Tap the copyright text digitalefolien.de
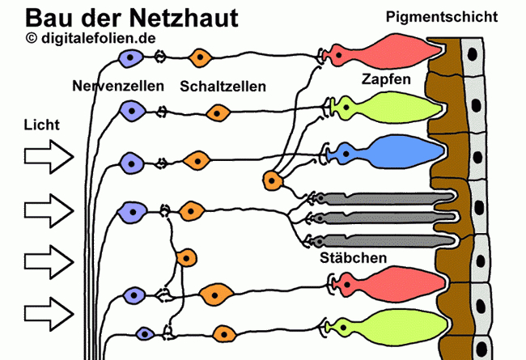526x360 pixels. coord(91,38)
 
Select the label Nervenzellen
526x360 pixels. coord(118,86)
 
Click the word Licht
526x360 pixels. coord(43,125)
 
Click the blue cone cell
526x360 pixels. coord(388,152)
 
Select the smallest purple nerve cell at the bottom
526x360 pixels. coord(145,333)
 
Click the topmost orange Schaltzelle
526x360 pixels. coord(199,57)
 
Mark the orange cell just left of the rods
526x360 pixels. coord(274,180)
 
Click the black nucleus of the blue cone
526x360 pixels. coord(347,152)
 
